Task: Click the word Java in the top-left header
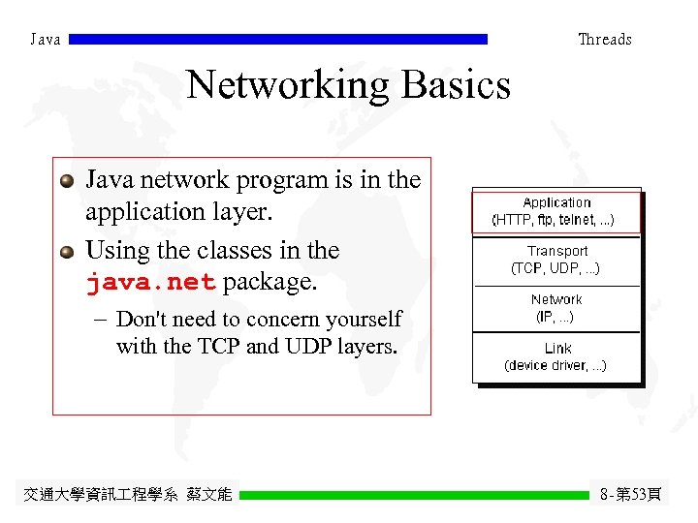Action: (x=46, y=40)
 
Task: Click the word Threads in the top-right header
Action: (x=604, y=40)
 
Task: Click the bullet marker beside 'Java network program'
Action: (x=66, y=181)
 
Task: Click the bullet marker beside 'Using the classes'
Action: (x=66, y=252)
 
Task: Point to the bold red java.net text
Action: (x=150, y=284)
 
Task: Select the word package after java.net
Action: (x=270, y=284)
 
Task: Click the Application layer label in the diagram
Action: (x=556, y=202)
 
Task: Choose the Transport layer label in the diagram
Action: (x=556, y=251)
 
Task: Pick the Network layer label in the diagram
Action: (x=556, y=299)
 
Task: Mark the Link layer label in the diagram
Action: (x=557, y=348)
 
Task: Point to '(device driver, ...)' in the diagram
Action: (x=555, y=365)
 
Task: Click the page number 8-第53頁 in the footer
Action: (x=630, y=495)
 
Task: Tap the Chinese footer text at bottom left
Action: (x=127, y=495)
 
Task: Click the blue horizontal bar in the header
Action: (x=278, y=40)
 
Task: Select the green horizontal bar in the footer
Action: (x=414, y=495)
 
